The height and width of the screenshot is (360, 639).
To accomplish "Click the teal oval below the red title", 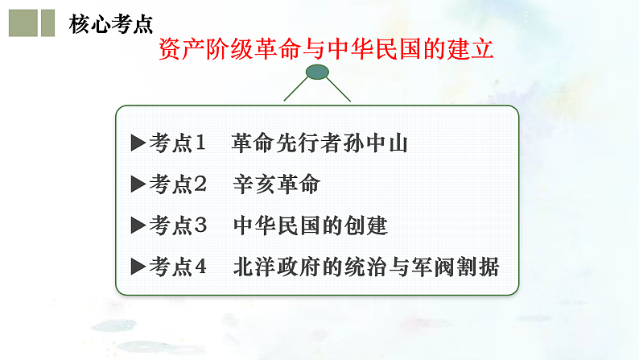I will coord(317,75).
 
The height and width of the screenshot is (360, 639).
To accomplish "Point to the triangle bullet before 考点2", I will coord(138,184).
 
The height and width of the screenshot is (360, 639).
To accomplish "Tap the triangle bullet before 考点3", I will coord(138,226).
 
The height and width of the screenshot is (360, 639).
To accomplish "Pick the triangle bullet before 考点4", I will coord(138,267).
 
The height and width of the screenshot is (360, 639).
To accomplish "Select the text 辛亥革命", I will coord(276,184).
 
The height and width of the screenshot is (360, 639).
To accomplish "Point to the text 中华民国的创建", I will coord(309,226).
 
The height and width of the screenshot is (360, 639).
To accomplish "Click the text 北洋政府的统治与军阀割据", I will coord(365,267).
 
